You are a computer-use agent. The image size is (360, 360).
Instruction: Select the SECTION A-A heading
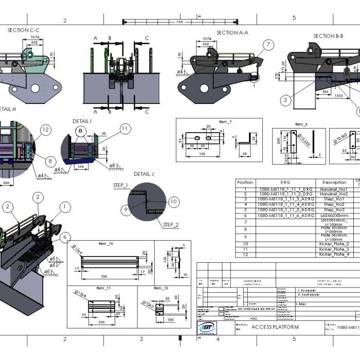pyautogui.click(x=232, y=32)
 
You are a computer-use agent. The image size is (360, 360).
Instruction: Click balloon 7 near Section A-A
pyautogui.click(x=268, y=45)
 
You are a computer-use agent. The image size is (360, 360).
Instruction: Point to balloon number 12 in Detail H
pyautogui.click(x=46, y=130)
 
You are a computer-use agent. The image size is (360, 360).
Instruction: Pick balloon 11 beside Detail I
pyautogui.click(x=125, y=128)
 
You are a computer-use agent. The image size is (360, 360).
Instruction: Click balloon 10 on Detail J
pyautogui.click(x=173, y=202)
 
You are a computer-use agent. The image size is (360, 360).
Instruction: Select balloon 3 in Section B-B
pyautogui.click(x=284, y=100)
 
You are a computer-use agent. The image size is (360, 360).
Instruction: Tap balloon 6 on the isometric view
pyautogui.click(x=65, y=237)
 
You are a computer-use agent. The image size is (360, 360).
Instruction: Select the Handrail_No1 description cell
pyautogui.click(x=334, y=189)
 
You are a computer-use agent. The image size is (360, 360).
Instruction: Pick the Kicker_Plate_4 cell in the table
pyautogui.click(x=334, y=255)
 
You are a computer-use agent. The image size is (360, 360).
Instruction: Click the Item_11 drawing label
pyautogui.click(x=105, y=289)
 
